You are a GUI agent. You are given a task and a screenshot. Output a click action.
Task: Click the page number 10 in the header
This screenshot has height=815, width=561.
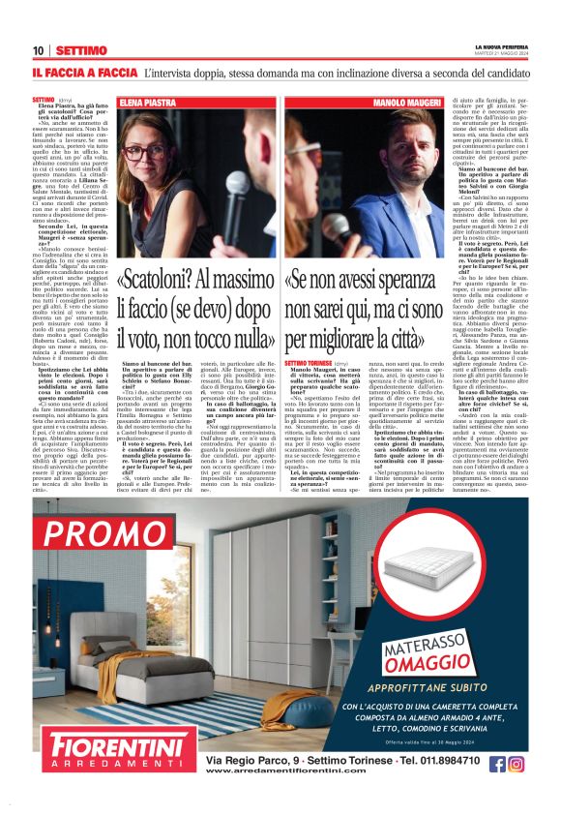[x=38, y=50]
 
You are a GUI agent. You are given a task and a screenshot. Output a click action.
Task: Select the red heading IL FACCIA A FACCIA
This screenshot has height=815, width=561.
[x=84, y=73]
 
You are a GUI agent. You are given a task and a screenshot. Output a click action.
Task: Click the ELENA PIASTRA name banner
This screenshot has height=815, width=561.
[x=146, y=101]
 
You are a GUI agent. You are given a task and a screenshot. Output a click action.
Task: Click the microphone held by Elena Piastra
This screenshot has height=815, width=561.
[x=236, y=184]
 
